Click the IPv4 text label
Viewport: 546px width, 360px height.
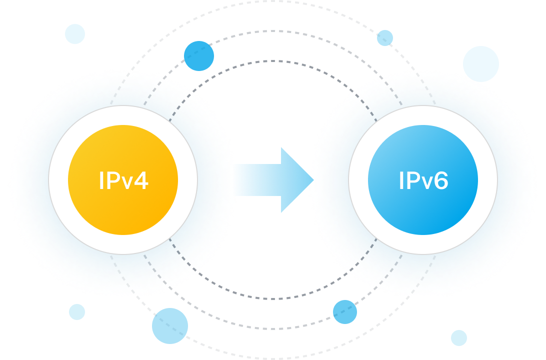[123, 180]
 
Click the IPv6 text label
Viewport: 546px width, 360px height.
[423, 180]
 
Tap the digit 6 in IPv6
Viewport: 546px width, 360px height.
[440, 180]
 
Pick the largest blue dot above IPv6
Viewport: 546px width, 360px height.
[481, 63]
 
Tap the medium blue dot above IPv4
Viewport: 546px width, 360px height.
[199, 56]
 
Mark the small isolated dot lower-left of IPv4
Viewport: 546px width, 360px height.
[77, 312]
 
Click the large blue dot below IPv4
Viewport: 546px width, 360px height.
[170, 326]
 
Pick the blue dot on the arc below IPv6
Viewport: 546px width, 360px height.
[345, 312]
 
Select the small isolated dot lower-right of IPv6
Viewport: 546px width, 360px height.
[458, 338]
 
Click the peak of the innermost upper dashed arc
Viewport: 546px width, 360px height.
[273, 61]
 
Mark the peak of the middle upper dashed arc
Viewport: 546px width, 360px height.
[273, 31]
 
